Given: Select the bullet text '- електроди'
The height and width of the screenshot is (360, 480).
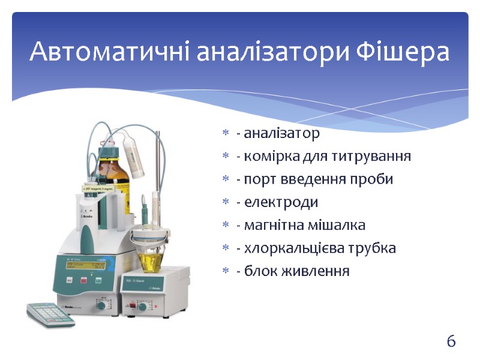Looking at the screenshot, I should pyautogui.click(x=277, y=202).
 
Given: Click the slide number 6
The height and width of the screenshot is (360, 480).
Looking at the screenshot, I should pyautogui.click(x=451, y=342).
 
